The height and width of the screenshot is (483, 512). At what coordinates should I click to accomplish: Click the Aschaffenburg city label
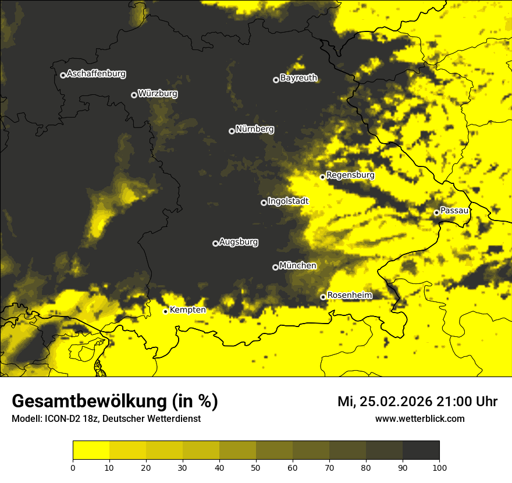pos(96,74)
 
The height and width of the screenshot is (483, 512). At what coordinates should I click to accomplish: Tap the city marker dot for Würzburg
pos(134,95)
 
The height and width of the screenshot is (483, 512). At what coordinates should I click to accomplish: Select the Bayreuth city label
pos(298,78)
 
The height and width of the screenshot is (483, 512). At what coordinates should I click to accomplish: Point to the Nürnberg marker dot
pos(232,131)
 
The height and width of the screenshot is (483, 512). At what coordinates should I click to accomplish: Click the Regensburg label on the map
pos(350,175)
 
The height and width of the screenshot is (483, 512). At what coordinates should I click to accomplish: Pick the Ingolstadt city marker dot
pos(264,203)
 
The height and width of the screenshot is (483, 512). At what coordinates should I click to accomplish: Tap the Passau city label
pos(454,211)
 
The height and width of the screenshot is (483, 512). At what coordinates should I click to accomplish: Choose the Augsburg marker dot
pos(215,243)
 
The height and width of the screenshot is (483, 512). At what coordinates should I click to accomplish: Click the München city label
pos(298,266)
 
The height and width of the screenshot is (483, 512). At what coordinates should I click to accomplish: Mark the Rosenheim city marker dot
pos(323,297)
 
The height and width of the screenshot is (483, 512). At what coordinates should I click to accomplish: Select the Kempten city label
pos(187,310)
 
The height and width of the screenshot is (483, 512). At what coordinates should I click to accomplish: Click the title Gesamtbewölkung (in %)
pos(115,402)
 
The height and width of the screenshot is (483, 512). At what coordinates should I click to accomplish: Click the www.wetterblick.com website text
pos(419,418)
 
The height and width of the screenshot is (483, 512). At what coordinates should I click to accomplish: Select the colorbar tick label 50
pos(256,467)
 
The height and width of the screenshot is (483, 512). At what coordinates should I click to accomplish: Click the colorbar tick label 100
pos(439,467)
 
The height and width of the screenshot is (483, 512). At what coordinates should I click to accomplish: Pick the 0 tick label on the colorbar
pos(73,467)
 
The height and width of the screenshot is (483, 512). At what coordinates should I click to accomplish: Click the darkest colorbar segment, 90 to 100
pos(421,450)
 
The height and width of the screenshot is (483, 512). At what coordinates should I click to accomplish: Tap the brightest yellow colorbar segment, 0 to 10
pos(91,450)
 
